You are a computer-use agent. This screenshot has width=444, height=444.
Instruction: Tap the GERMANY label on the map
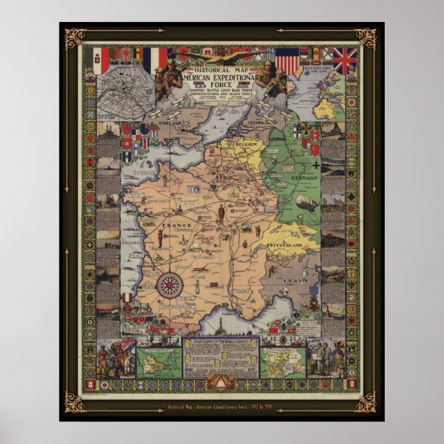[304, 178]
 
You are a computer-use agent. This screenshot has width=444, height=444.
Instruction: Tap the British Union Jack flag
[344, 61]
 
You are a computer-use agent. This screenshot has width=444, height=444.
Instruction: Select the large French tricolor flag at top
[154, 59]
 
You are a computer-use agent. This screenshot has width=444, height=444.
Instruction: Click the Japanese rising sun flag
[128, 54]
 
